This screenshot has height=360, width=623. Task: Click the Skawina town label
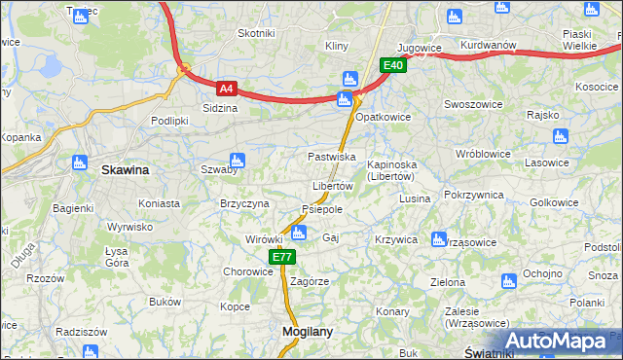[x=126, y=170]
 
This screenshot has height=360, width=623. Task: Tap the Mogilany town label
[x=307, y=331]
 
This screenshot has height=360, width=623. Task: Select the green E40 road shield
[x=392, y=65]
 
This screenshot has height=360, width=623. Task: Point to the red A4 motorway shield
[x=226, y=88]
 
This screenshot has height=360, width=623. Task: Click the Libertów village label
[x=332, y=186]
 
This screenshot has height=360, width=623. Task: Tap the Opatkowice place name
[x=384, y=117]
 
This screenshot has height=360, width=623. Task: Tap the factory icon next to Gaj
[x=299, y=233]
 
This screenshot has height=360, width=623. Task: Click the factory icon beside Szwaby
[x=236, y=161]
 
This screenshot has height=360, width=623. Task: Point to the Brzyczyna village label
[x=243, y=203]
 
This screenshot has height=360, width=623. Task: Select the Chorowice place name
[x=248, y=272]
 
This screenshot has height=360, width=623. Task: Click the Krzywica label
[x=396, y=239]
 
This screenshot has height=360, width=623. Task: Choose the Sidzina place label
[x=220, y=108]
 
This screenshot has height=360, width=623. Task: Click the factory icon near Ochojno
[x=507, y=281]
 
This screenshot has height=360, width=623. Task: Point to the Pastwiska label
[x=331, y=157]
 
